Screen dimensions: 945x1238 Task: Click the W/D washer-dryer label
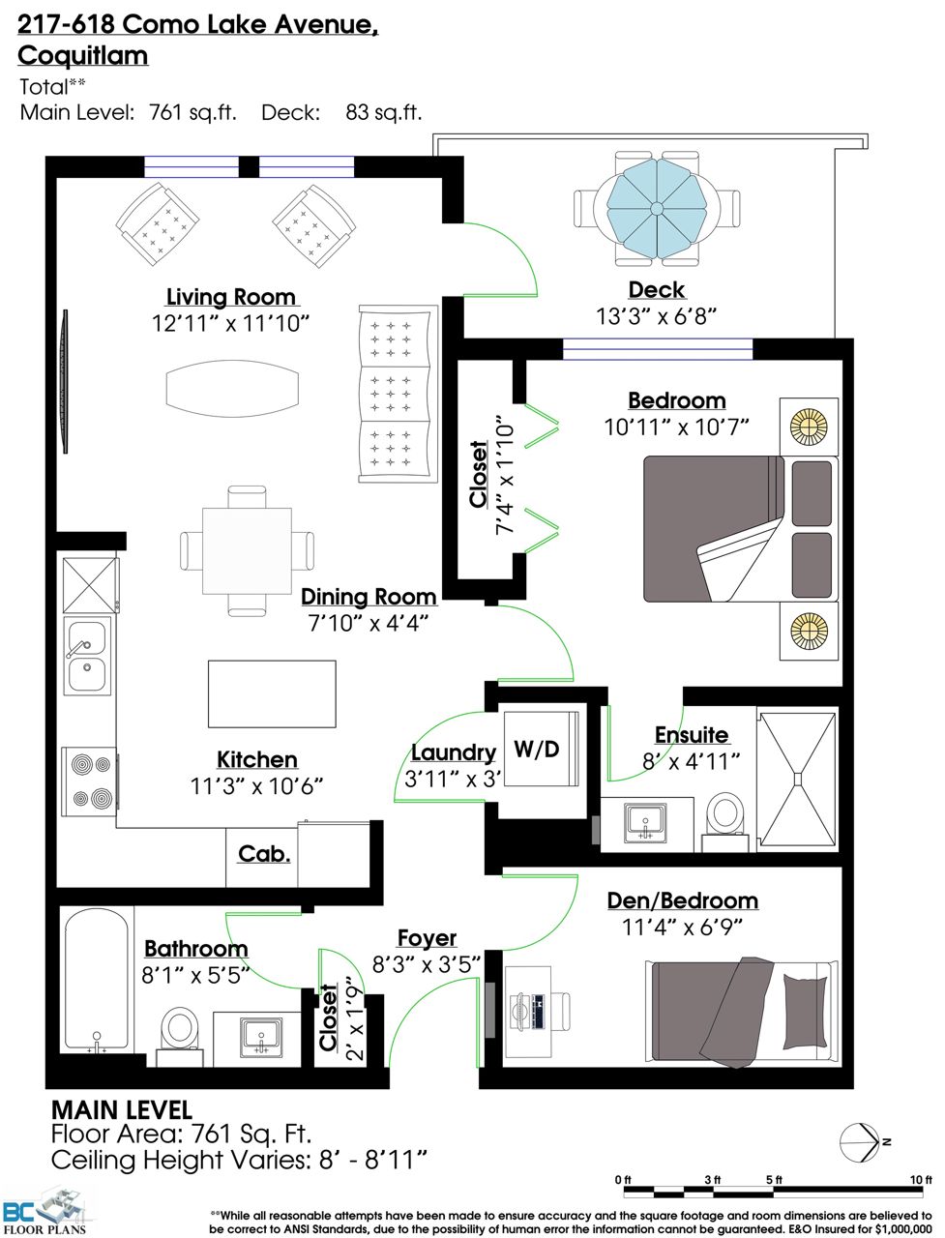click(x=536, y=750)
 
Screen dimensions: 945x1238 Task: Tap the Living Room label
click(x=231, y=297)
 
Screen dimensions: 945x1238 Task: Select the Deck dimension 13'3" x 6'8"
click(x=657, y=316)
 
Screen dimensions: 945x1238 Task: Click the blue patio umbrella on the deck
click(x=657, y=209)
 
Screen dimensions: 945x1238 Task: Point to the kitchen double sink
click(x=87, y=656)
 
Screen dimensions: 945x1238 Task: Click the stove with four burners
click(x=90, y=781)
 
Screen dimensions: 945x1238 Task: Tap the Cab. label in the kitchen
click(x=264, y=854)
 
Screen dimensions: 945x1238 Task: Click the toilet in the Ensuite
click(x=725, y=821)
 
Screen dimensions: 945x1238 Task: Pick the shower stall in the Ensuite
click(x=798, y=779)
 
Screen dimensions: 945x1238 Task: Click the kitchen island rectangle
click(x=273, y=693)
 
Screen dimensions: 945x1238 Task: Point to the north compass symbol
click(x=860, y=1143)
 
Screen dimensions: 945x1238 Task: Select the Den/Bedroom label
click(x=682, y=900)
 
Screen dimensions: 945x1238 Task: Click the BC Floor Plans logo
click(x=44, y=1211)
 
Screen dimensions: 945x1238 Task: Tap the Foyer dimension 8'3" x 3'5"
click(x=427, y=964)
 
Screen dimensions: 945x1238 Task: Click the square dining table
click(x=247, y=550)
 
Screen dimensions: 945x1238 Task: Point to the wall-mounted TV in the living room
click(x=64, y=381)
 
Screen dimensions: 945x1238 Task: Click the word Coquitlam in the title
click(x=83, y=56)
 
